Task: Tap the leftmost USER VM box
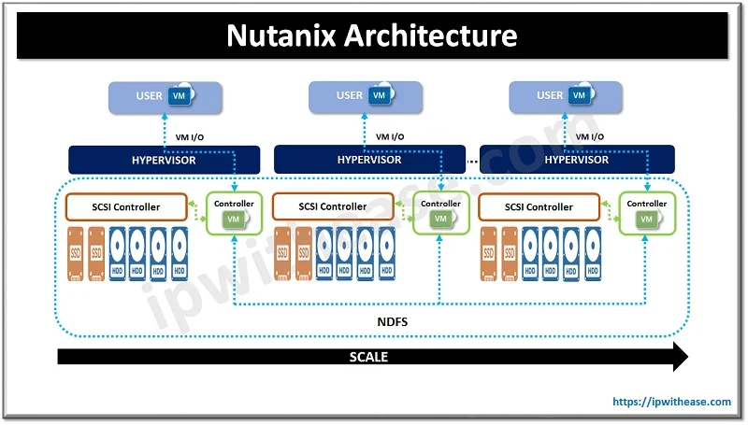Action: [x=165, y=95]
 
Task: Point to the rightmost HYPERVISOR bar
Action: [x=576, y=160]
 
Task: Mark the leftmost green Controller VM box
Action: [x=234, y=212]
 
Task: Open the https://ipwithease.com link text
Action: [x=671, y=402]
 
